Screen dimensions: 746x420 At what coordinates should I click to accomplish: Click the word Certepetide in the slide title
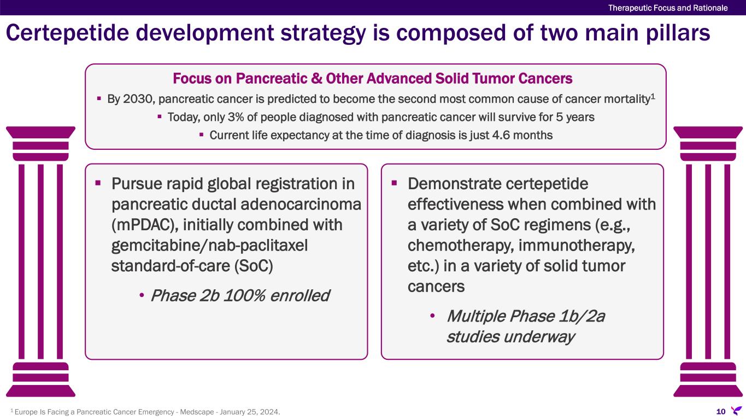point(67,33)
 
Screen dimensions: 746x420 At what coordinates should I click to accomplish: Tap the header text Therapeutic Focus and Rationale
point(668,8)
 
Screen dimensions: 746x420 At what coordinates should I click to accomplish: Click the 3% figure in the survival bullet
point(236,117)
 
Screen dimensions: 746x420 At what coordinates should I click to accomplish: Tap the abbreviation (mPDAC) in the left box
point(142,225)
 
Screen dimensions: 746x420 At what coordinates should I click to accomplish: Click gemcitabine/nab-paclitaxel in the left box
point(209,246)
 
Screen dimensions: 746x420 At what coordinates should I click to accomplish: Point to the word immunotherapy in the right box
point(577,246)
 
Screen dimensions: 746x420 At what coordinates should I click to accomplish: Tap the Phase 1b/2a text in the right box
point(526,316)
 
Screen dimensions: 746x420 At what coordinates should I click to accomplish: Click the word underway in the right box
point(539,337)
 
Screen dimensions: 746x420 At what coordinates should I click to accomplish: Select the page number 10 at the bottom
point(721,412)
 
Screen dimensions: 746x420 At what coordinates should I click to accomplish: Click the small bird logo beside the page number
point(736,411)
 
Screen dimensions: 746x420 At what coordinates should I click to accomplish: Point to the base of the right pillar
point(708,380)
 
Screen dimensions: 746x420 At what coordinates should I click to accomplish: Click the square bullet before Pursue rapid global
point(98,183)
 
